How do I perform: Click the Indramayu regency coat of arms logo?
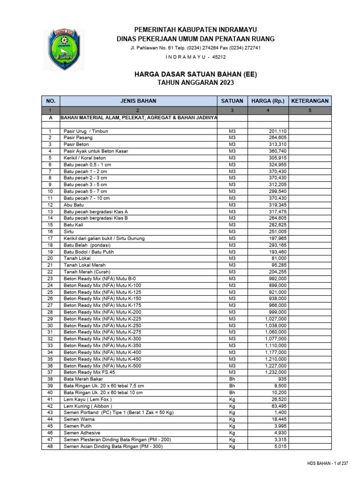64,50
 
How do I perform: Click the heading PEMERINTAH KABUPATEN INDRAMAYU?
195,30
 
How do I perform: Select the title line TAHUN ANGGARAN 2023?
195,82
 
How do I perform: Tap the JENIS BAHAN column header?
138,101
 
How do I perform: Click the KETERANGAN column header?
310,101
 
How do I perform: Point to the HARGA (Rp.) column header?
268,101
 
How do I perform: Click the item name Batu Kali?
74,225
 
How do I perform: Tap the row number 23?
51,278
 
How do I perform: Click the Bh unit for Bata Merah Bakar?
232,379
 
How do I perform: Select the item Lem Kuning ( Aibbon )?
88,406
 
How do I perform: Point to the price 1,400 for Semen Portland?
280,412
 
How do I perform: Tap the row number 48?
51,446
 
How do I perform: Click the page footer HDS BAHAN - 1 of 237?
328,464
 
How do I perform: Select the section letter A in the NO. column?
51,118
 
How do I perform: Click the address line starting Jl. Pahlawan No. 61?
195,48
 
